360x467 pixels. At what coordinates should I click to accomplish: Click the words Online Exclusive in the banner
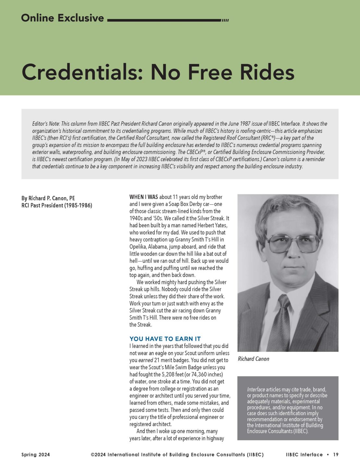62,18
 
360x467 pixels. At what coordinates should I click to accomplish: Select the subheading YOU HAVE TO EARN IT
165,339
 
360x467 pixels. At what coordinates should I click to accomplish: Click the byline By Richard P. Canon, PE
48,198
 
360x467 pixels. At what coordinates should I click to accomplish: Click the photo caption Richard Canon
254,359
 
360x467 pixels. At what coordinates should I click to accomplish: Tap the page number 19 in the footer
336,455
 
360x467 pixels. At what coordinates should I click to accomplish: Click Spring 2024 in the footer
36,455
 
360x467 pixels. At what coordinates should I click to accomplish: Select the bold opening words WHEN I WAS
143,197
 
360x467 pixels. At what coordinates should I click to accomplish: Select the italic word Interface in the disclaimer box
256,389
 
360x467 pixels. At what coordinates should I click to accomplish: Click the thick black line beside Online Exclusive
164,20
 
